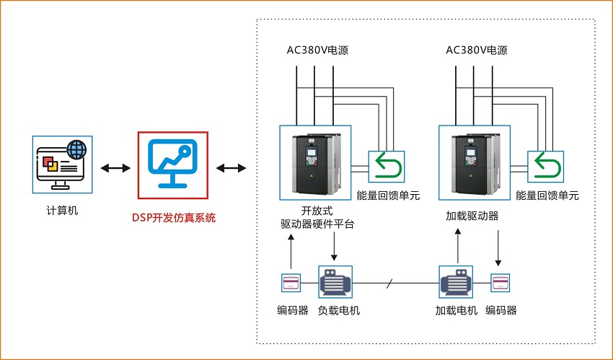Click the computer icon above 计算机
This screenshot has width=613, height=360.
coord(62,164)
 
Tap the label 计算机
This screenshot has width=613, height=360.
coord(62,211)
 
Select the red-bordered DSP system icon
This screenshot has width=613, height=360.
coord(173,164)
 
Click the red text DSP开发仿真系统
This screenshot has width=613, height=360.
coord(173,217)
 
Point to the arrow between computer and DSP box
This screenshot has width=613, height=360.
coord(115,168)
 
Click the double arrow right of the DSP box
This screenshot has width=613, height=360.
coord(231,168)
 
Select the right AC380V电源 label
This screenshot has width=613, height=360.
coord(477,51)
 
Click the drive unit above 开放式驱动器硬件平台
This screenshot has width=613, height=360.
coord(314,164)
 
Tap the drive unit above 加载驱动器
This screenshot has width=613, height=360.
coord(474,164)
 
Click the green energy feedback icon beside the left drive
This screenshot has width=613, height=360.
coord(386,167)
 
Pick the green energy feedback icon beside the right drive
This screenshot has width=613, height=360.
coord(545,167)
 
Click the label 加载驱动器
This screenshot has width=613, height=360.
coord(473,216)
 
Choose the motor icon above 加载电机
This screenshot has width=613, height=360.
coord(457,282)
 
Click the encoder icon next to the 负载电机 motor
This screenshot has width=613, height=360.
coord(291,283)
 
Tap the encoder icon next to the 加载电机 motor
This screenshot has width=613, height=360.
coord(501,283)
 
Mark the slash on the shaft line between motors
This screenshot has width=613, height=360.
coord(389,284)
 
